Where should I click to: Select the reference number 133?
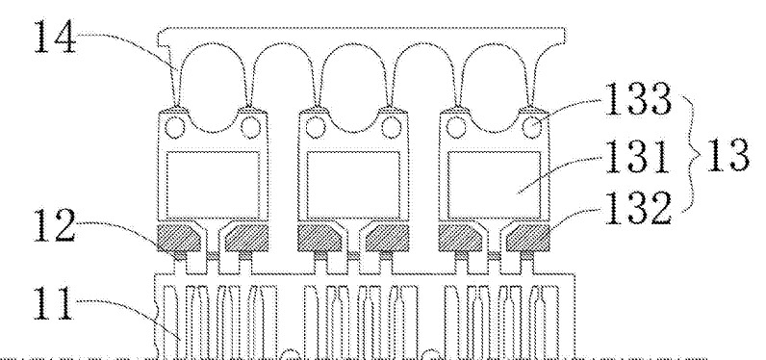pyautogui.click(x=637, y=100)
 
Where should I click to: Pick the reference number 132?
pyautogui.click(x=637, y=209)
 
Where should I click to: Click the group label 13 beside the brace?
pyautogui.click(x=727, y=154)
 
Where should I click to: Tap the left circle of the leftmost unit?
pyautogui.click(x=173, y=127)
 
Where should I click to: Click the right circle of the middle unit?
pyautogui.click(x=392, y=127)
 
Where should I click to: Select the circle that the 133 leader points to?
pyautogui.click(x=532, y=127)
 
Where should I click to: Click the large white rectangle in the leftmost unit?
pyautogui.click(x=213, y=185)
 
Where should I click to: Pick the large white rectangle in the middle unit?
pyautogui.click(x=353, y=185)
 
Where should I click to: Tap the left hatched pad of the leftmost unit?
pyautogui.click(x=178, y=238)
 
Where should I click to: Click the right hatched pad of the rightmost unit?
pyautogui.click(x=528, y=238)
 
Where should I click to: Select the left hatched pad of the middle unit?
pyautogui.click(x=319, y=238)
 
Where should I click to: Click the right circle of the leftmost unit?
pyautogui.click(x=249, y=127)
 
